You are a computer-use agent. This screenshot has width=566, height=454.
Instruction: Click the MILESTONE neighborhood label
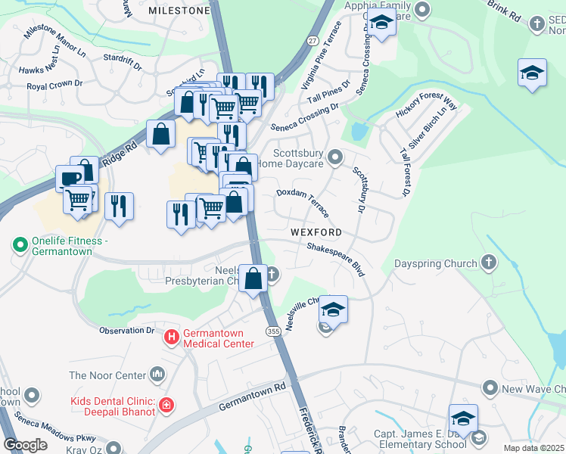coord(179,11)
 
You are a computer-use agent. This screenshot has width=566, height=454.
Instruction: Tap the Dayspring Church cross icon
coord(489,263)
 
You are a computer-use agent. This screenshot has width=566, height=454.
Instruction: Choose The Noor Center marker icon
coord(158,373)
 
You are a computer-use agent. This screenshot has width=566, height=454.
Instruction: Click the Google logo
coord(26,444)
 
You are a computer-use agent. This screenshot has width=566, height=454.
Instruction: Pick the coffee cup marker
coord(70,179)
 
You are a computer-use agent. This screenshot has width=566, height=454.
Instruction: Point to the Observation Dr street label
coord(127,331)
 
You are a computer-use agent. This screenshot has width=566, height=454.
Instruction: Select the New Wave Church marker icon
coord(490,389)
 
